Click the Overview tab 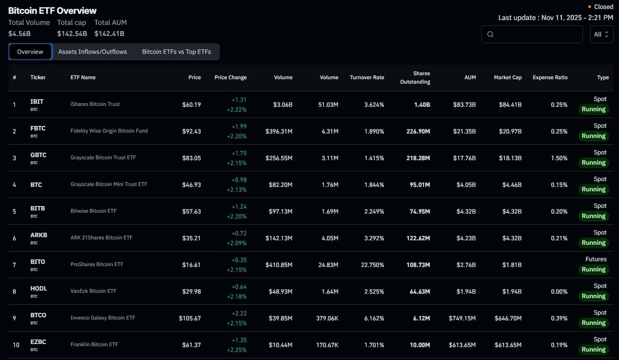point(30,52)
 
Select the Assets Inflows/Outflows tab point(93,52)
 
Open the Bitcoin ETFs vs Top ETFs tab point(176,52)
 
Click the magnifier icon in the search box point(490,34)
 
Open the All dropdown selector point(601,34)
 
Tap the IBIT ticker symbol point(37,101)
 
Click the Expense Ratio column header point(550,77)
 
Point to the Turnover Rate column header point(367,77)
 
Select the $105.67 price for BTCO point(190,318)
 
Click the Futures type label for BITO point(596,259)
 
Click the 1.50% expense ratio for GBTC point(559,158)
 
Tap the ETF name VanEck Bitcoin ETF point(93,291)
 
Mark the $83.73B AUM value point(464,105)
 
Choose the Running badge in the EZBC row point(594,349)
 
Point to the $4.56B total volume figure point(20,33)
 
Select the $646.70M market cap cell point(508,318)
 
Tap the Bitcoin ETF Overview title point(53,11)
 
